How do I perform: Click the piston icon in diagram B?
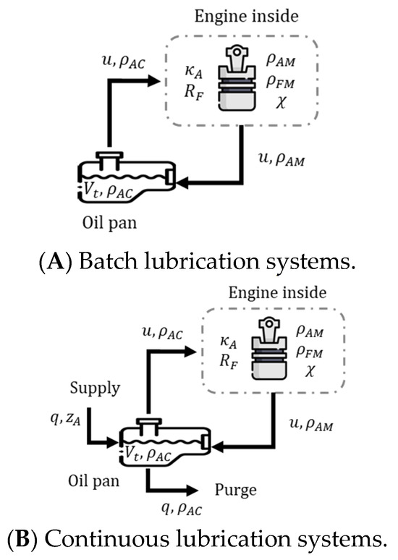269,349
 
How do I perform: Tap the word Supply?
95,389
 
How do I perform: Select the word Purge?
235,490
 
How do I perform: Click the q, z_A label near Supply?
66,420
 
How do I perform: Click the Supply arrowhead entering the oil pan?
112,444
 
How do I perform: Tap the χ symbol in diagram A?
281,103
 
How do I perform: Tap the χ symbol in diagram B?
310,371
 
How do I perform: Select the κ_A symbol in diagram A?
194,72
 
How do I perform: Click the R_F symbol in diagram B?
229,362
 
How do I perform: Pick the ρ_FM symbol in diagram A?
281,82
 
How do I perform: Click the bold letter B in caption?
22,539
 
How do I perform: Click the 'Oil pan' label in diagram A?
110,224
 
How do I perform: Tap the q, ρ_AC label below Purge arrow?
182,509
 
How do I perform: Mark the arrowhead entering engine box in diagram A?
154,82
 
